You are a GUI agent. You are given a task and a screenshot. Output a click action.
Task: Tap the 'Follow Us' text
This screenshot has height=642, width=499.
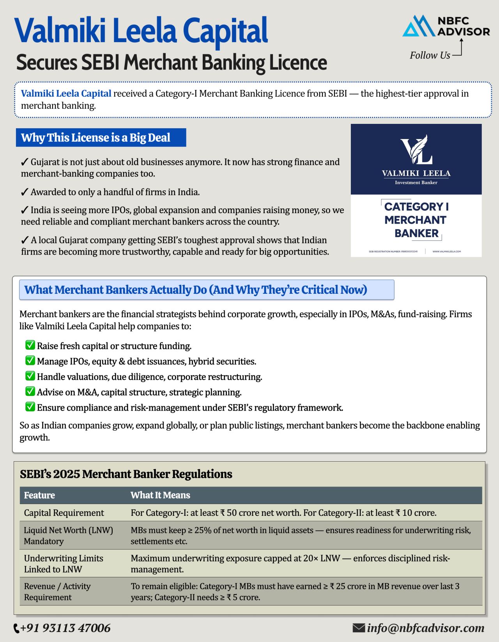click(x=430, y=55)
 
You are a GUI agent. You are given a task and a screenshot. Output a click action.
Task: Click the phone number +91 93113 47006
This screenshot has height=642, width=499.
click(x=65, y=628)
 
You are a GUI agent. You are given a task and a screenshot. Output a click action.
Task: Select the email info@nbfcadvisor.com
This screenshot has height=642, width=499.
click(x=425, y=628)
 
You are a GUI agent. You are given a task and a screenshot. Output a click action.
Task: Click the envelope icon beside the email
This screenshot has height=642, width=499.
click(x=358, y=628)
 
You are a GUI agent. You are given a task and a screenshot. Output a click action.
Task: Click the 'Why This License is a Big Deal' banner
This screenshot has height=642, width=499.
click(x=101, y=138)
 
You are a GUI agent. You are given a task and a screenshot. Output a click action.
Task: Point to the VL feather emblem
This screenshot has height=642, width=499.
click(x=416, y=149)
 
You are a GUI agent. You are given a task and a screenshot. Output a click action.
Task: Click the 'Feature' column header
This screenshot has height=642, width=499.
click(x=39, y=495)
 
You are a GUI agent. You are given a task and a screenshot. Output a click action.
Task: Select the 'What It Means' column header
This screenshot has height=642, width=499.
click(x=160, y=495)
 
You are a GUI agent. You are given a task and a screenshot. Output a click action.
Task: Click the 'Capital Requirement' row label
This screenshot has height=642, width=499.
click(x=64, y=513)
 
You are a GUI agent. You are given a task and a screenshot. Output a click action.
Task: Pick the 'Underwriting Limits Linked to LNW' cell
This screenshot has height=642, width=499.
click(x=63, y=564)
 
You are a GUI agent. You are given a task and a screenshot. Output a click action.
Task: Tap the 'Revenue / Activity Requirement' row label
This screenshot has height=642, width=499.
click(x=57, y=592)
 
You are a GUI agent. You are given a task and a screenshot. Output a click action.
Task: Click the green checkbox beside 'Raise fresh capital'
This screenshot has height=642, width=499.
click(x=30, y=345)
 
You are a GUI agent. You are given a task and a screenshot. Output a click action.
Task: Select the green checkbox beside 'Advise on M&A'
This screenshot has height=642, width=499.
click(x=30, y=392)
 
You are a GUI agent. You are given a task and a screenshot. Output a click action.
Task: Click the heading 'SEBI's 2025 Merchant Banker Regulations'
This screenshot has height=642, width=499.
click(x=126, y=474)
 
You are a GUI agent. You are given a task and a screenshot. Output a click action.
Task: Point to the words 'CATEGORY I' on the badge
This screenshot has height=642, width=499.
click(x=416, y=206)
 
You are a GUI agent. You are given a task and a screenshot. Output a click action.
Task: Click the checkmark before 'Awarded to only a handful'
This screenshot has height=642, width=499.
click(x=24, y=192)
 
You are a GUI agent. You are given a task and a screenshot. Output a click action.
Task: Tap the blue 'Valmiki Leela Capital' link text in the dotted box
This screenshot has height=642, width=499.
click(x=66, y=93)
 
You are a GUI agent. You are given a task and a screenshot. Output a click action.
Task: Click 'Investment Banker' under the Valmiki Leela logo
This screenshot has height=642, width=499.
click(x=416, y=182)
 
